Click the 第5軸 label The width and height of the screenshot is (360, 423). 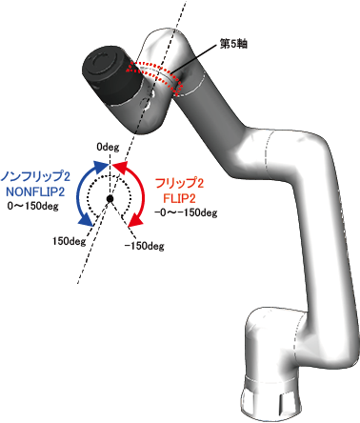coord(233,44)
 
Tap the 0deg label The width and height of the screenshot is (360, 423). coord(108,147)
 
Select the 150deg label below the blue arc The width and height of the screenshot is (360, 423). coord(69,241)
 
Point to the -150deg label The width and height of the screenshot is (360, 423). coord(144,246)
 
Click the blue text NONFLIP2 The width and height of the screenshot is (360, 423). coord(35,191)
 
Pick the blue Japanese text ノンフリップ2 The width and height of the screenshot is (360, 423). coord(35,176)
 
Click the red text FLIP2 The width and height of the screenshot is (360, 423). coord(180,198)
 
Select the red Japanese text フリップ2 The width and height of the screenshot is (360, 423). coord(179,183)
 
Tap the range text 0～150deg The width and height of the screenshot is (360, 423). coord(33,206)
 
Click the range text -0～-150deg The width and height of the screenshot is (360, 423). coord(186,212)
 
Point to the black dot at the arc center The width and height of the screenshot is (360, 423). coord(110,199)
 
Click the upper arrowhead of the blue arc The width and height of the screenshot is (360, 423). coord(101,167)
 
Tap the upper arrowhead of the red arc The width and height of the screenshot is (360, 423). coord(120,167)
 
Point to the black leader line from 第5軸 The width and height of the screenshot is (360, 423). coord(192,59)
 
